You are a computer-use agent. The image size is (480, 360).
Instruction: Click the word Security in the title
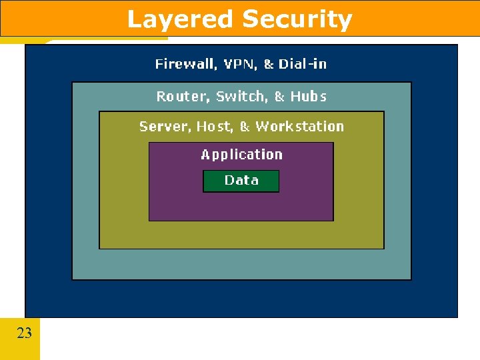pyautogui.click(x=297, y=19)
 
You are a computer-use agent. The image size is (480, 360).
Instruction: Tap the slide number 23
pyautogui.click(x=24, y=333)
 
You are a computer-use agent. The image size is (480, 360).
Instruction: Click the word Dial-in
pyautogui.click(x=303, y=64)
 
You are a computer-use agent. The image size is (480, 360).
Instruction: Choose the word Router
pyautogui.click(x=182, y=97)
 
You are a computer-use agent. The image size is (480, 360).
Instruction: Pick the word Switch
pyautogui.click(x=240, y=97)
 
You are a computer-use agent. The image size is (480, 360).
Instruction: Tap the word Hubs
pyautogui.click(x=309, y=97)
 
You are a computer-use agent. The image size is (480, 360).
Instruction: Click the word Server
pyautogui.click(x=160, y=127)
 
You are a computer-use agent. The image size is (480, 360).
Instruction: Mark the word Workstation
pyautogui.click(x=300, y=127)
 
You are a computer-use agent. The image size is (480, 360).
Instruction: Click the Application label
pyautogui.click(x=241, y=155)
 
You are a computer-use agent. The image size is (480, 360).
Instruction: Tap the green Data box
pyautogui.click(x=241, y=181)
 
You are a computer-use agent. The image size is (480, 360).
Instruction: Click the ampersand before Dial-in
pyautogui.click(x=269, y=64)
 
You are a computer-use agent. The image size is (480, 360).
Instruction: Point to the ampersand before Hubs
pyautogui.click(x=280, y=97)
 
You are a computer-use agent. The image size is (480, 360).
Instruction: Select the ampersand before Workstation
pyautogui.click(x=245, y=127)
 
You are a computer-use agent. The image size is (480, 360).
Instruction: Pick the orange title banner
pyautogui.click(x=413, y=18)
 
